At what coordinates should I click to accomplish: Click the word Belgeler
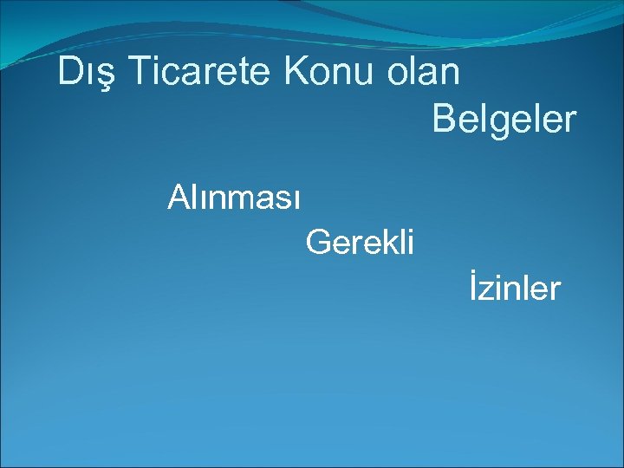pos(504,120)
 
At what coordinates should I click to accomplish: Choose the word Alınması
pos(234,198)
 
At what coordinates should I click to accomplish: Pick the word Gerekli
pos(361,242)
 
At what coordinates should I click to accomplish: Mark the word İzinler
pos(516,288)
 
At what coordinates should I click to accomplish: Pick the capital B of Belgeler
pos(444,120)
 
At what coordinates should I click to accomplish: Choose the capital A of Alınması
pos(179,198)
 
